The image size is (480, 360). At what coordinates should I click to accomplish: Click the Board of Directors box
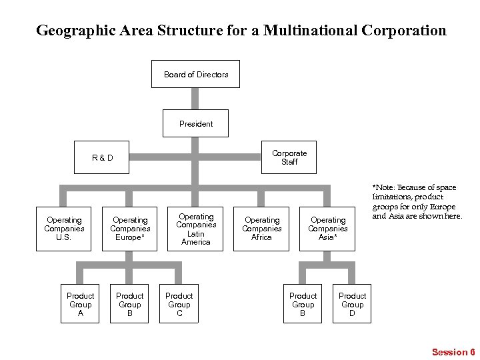[195, 74]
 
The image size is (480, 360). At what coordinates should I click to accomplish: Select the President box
[195, 123]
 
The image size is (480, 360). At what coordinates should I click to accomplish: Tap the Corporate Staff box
[289, 157]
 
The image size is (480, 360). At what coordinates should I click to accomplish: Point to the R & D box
[102, 158]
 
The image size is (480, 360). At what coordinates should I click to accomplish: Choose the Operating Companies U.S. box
[64, 229]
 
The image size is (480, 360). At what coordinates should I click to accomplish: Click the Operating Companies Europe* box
[130, 229]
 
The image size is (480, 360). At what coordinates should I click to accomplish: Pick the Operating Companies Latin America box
[195, 229]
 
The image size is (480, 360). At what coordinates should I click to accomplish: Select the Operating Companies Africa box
[261, 229]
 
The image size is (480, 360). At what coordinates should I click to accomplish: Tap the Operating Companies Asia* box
[327, 229]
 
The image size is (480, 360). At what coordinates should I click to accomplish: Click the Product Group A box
[80, 304]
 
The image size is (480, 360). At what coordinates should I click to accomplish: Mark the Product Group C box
[179, 304]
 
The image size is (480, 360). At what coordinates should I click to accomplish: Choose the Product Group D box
[352, 304]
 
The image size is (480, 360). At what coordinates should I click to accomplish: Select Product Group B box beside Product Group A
[129, 304]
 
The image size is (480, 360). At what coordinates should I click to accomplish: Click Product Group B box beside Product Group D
[303, 304]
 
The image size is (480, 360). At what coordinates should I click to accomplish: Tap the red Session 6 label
[453, 352]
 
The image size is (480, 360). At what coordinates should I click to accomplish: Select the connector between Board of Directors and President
[195, 99]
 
